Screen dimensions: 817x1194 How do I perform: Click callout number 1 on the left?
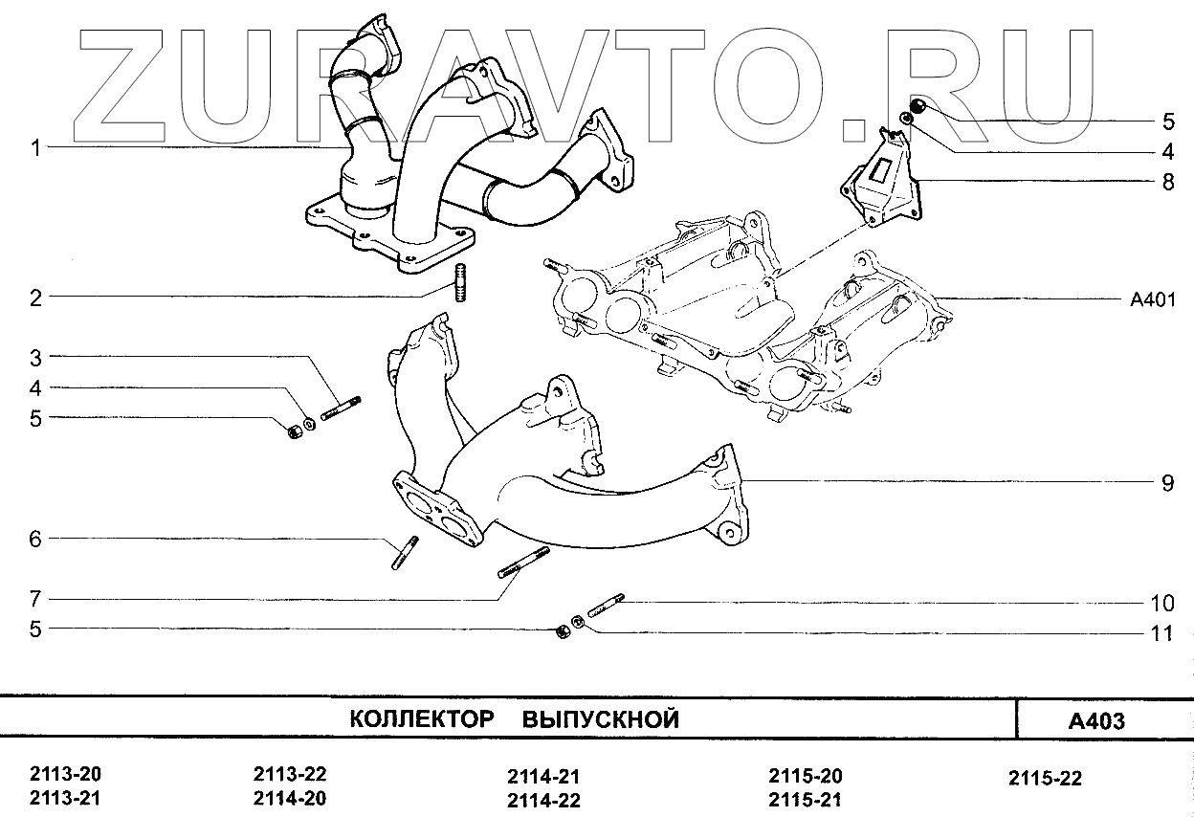35,148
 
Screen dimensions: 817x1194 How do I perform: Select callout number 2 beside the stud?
35,298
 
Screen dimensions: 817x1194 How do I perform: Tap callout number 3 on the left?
35,359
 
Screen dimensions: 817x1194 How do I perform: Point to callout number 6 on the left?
35,540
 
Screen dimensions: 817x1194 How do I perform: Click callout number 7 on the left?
35,600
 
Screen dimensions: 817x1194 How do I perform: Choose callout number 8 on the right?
1167,182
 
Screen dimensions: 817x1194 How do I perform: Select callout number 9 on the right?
1167,483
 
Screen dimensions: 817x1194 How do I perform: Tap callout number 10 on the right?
1161,603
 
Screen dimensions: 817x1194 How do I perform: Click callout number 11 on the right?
1161,632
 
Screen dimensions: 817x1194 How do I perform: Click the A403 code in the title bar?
1095,720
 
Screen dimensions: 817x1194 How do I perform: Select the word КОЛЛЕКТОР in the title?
421,719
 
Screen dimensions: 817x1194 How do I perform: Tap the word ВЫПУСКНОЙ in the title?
601,719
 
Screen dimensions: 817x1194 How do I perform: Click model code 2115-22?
1046,779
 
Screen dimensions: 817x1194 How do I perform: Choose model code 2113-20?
66,774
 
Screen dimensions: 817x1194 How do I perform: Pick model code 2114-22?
543,801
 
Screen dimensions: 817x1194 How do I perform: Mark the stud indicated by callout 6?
403,553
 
